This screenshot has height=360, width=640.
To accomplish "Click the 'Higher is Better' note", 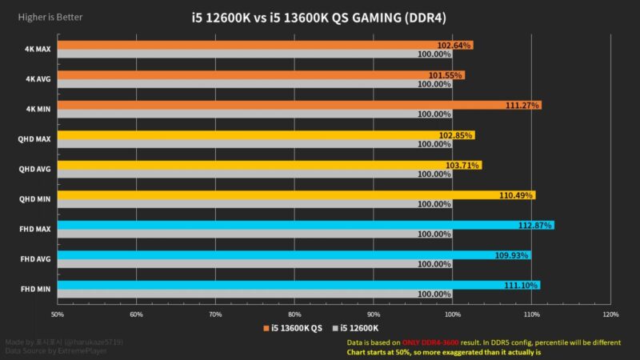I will pos(50,17).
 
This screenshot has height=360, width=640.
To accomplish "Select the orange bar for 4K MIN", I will pos(296,105).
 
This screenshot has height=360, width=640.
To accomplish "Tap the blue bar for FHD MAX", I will pos(304,225).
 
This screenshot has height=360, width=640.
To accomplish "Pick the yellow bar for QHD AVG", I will pos(268,165).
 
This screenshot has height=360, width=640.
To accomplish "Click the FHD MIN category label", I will pos(35,289).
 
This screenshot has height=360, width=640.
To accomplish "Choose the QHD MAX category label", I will pos(34,139).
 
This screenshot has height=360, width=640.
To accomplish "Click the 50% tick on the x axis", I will pos(57,314).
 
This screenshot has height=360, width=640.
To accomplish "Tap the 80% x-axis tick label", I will pos(294,314).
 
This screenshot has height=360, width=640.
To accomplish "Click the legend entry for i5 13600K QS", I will pos(293,328).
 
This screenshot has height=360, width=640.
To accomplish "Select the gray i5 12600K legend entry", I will pos(359,328).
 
